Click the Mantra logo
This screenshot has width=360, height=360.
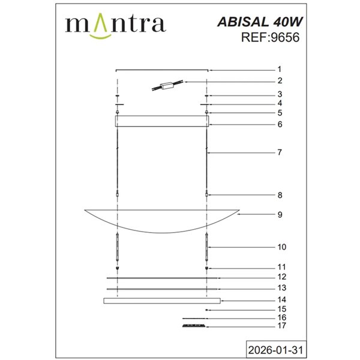click(x=115, y=25)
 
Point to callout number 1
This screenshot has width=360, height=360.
click(x=280, y=69)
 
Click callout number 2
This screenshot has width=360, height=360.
click(x=280, y=80)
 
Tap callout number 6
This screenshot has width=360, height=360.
click(x=280, y=124)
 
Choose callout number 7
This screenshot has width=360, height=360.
click(x=280, y=152)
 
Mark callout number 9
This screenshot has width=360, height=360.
click(x=280, y=214)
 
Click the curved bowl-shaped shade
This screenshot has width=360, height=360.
click(x=162, y=220)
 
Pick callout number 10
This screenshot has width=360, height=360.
click(x=281, y=247)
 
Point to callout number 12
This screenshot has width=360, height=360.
click(x=281, y=278)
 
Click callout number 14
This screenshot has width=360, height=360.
click(x=281, y=299)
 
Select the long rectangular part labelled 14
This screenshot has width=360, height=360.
click(x=162, y=300)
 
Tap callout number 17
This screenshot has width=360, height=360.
click(x=281, y=326)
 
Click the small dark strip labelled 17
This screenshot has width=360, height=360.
click(x=193, y=326)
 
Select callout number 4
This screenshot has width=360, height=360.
click(x=280, y=103)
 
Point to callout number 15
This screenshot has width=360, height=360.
click(x=281, y=309)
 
